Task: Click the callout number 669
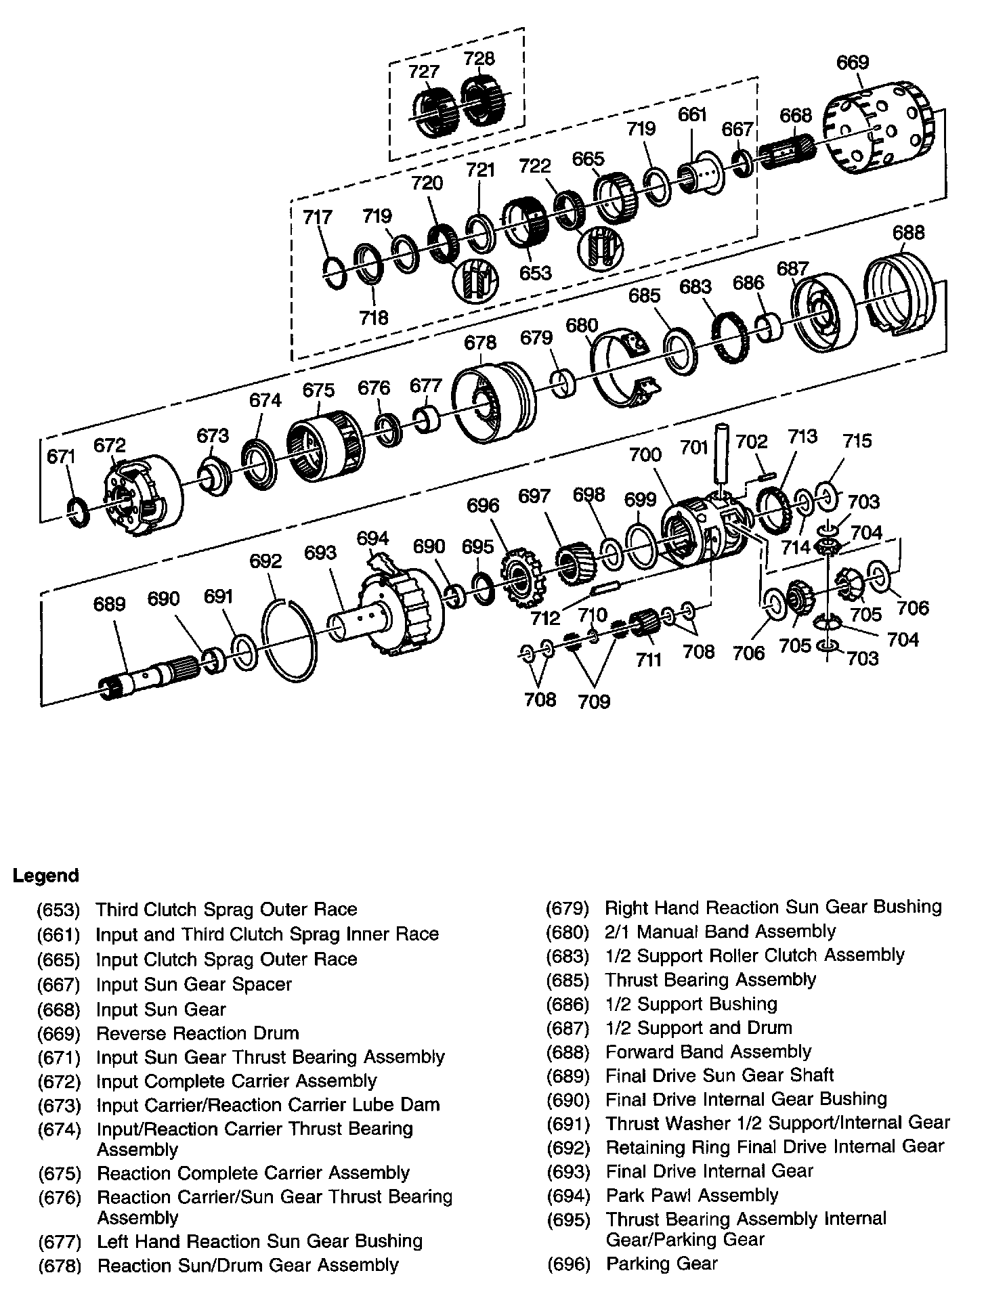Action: click(853, 62)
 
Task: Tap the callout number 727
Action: click(424, 72)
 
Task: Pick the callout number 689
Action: click(109, 603)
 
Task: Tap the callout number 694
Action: click(372, 538)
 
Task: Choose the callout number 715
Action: click(857, 441)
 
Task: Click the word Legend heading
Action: click(46, 876)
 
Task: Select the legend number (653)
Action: click(59, 909)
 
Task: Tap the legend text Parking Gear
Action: click(662, 1263)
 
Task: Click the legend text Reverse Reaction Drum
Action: click(198, 1033)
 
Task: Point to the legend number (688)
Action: click(568, 1052)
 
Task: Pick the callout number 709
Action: click(594, 701)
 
